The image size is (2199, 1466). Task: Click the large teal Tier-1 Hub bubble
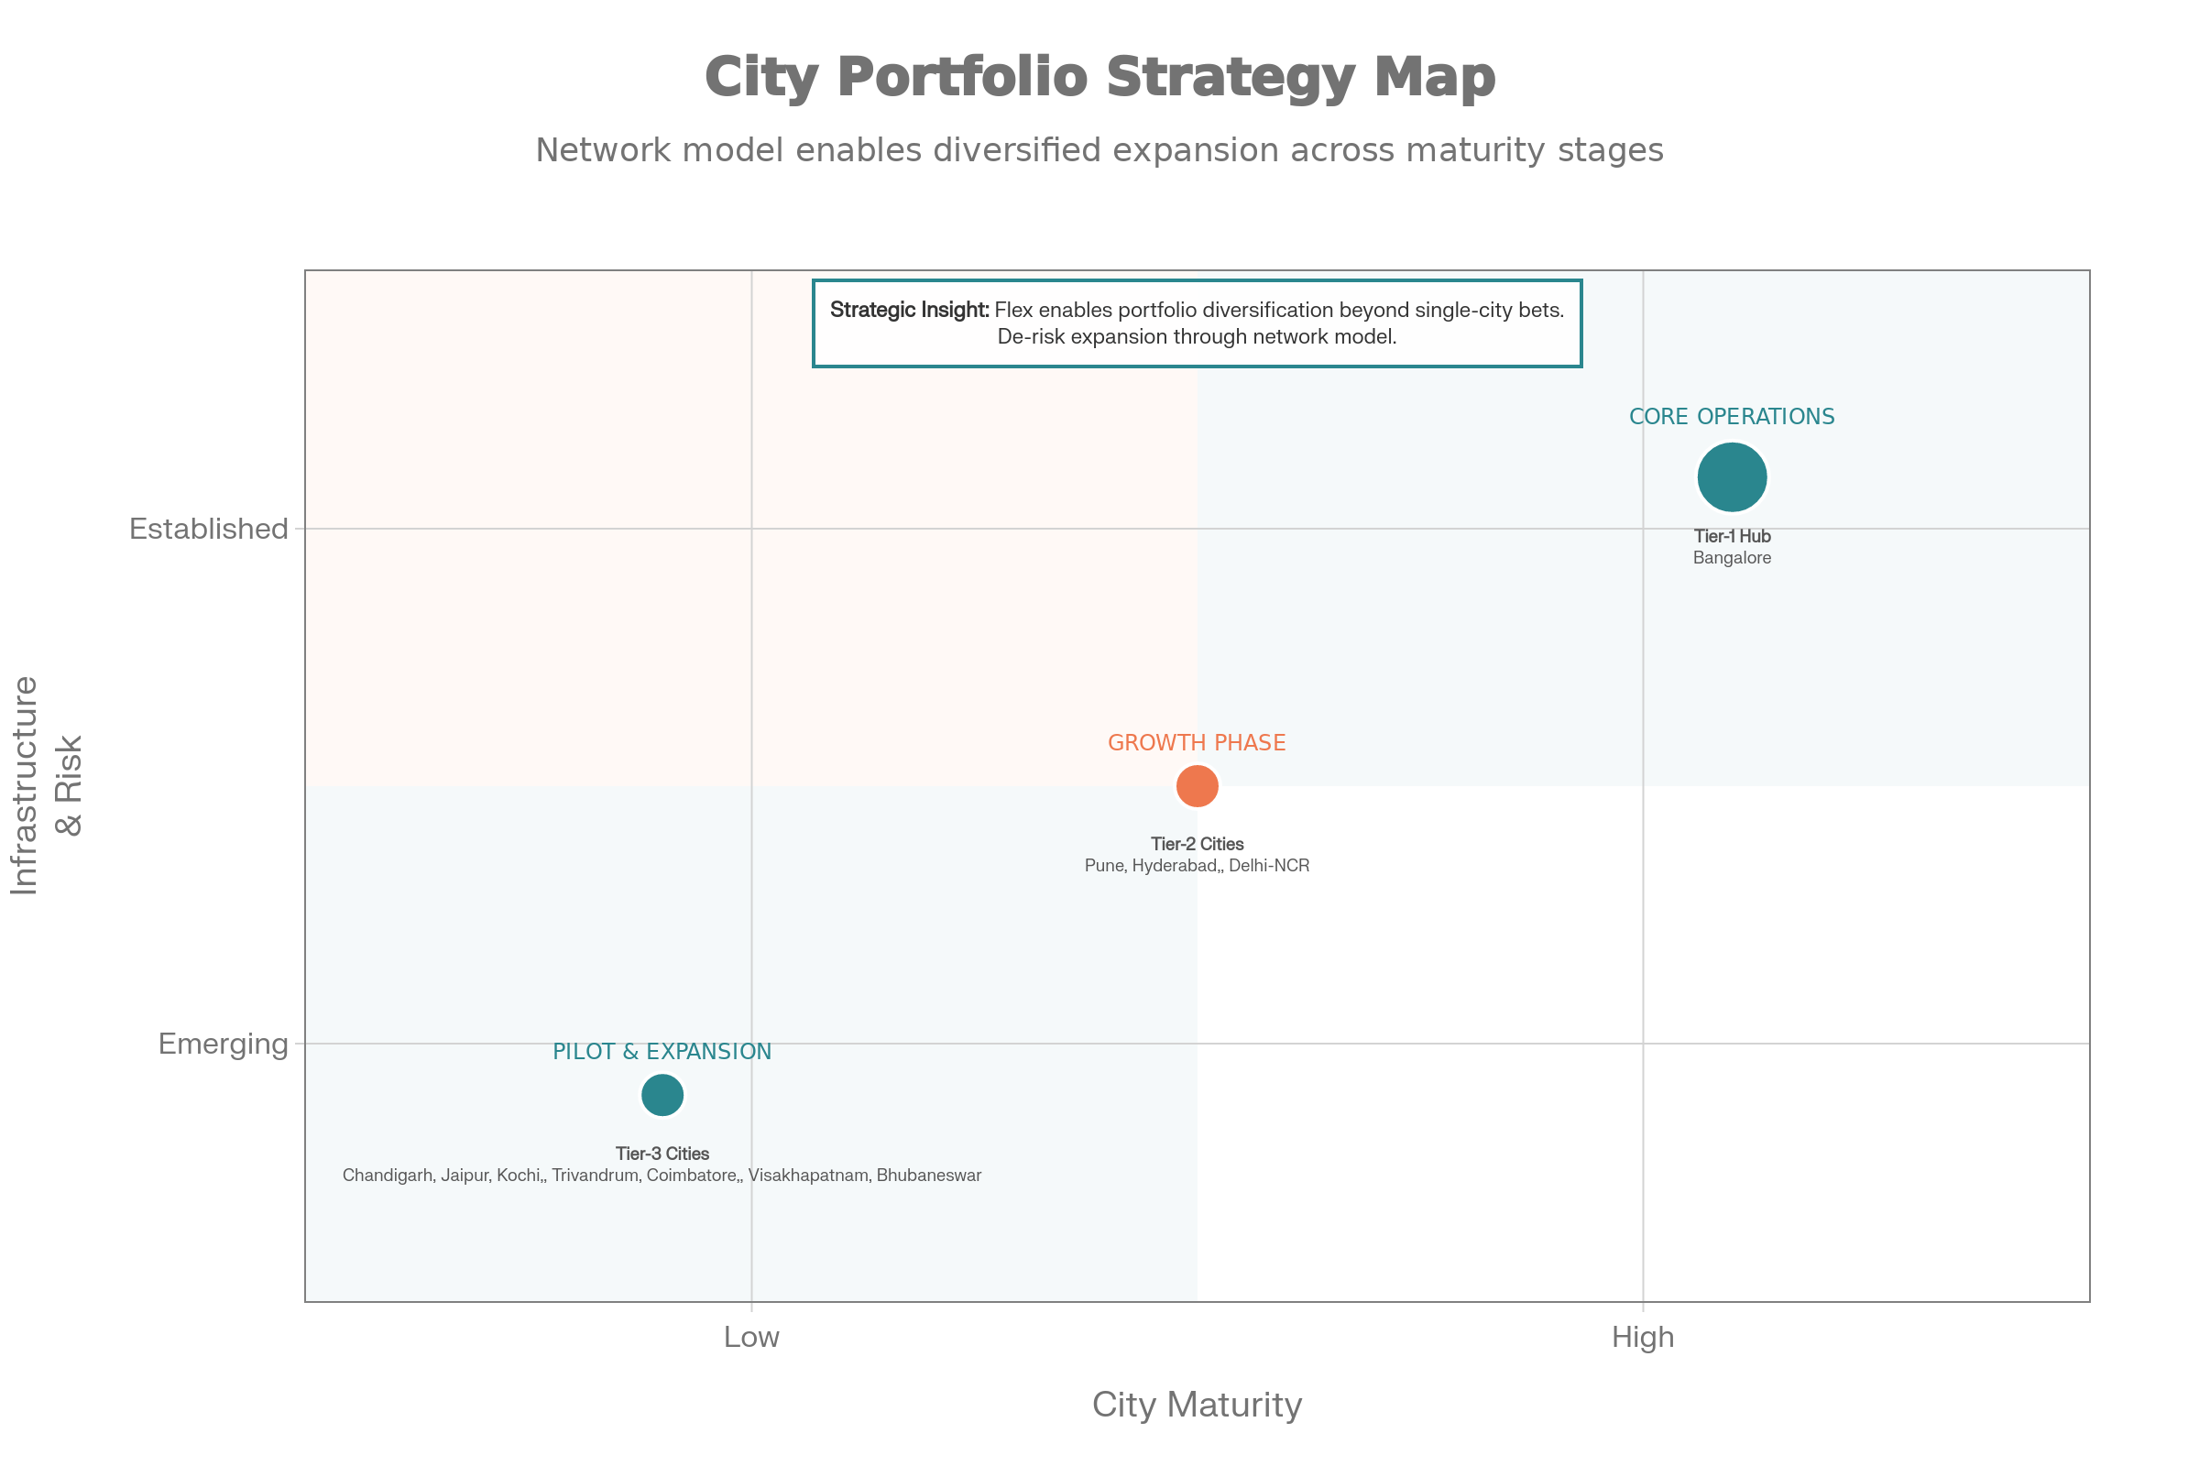1732,477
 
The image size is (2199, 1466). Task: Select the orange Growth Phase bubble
1197,785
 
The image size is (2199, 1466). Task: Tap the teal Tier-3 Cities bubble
662,1095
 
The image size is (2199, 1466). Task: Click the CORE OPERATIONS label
1732,417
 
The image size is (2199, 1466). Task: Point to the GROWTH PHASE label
1197,743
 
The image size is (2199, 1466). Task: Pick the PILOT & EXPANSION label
662,1052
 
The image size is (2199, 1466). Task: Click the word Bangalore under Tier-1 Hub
1732,558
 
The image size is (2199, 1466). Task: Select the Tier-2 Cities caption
1197,844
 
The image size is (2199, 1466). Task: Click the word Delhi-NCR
1269,866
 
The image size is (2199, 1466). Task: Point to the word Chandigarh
387,1176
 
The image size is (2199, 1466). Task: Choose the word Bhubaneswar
928,1176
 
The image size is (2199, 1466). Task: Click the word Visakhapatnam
808,1176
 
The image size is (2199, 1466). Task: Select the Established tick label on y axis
209,530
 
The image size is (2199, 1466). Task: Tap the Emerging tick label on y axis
224,1044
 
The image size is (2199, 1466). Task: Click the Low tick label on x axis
751,1338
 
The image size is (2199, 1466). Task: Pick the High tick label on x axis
1643,1338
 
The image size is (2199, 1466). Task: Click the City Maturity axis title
1197,1406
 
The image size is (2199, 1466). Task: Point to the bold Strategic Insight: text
909,311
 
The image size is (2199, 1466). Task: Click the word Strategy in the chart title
1231,77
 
